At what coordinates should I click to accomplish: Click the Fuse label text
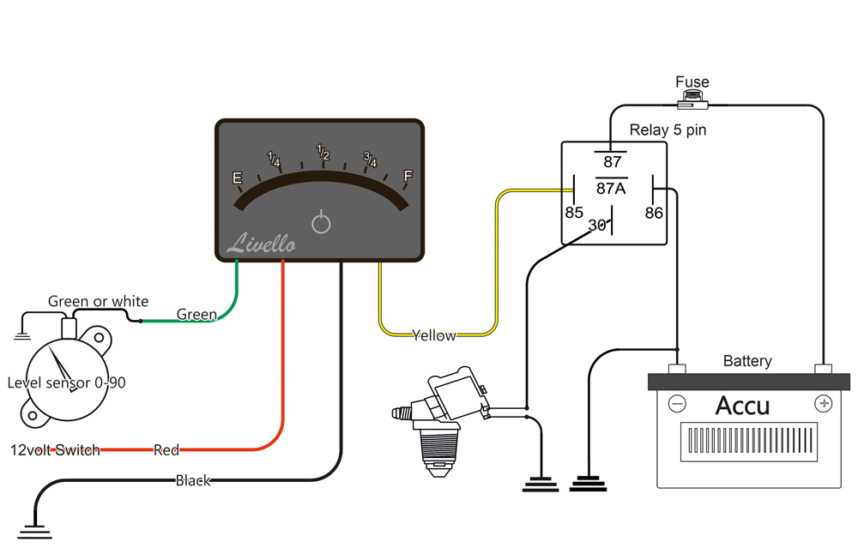click(692, 82)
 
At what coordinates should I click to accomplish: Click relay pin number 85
click(574, 212)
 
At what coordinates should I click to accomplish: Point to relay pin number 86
click(654, 212)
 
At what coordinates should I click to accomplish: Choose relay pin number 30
click(598, 226)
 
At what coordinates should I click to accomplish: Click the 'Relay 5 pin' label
click(668, 130)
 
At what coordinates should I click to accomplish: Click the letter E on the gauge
click(238, 178)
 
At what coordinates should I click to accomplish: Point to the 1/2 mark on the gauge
click(323, 153)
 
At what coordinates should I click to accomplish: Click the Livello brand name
click(262, 244)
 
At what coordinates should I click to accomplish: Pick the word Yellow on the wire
click(434, 335)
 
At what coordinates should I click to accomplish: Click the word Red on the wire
click(166, 449)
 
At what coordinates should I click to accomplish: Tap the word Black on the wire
click(193, 480)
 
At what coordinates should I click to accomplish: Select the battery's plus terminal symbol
click(823, 402)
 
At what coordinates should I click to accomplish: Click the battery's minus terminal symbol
click(677, 403)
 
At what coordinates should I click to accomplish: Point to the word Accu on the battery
click(743, 405)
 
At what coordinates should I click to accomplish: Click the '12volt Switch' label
click(56, 449)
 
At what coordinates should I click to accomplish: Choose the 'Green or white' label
click(98, 301)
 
